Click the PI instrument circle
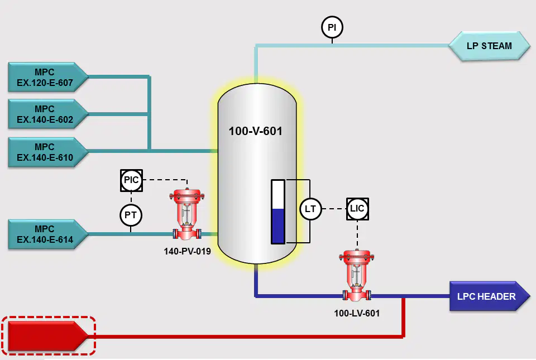(x=332, y=27)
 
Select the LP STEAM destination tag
(x=489, y=46)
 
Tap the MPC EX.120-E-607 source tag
(x=48, y=77)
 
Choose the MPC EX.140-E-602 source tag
(x=48, y=114)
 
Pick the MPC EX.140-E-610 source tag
(x=48, y=152)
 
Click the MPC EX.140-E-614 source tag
(x=48, y=234)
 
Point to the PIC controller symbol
(x=131, y=180)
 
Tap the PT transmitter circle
(x=131, y=215)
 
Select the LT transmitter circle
(x=310, y=209)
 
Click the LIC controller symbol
(x=357, y=209)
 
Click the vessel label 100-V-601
(x=255, y=131)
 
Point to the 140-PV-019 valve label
(x=188, y=251)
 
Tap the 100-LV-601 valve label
(x=357, y=313)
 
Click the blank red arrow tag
(x=48, y=336)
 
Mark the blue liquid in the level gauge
(x=278, y=226)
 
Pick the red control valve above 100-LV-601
(x=357, y=276)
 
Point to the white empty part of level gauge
(x=278, y=195)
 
